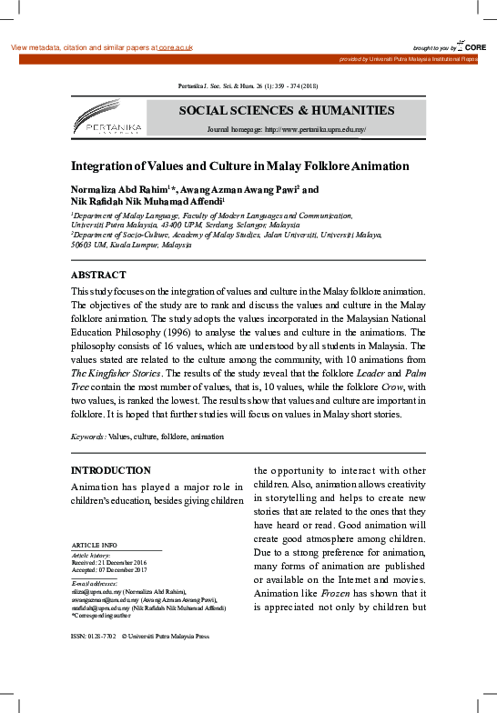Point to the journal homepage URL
pos(315,130)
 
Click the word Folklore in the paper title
pos(308,166)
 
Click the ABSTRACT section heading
pos(98,275)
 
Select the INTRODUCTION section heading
pos(111,470)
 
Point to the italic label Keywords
pos(88,437)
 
